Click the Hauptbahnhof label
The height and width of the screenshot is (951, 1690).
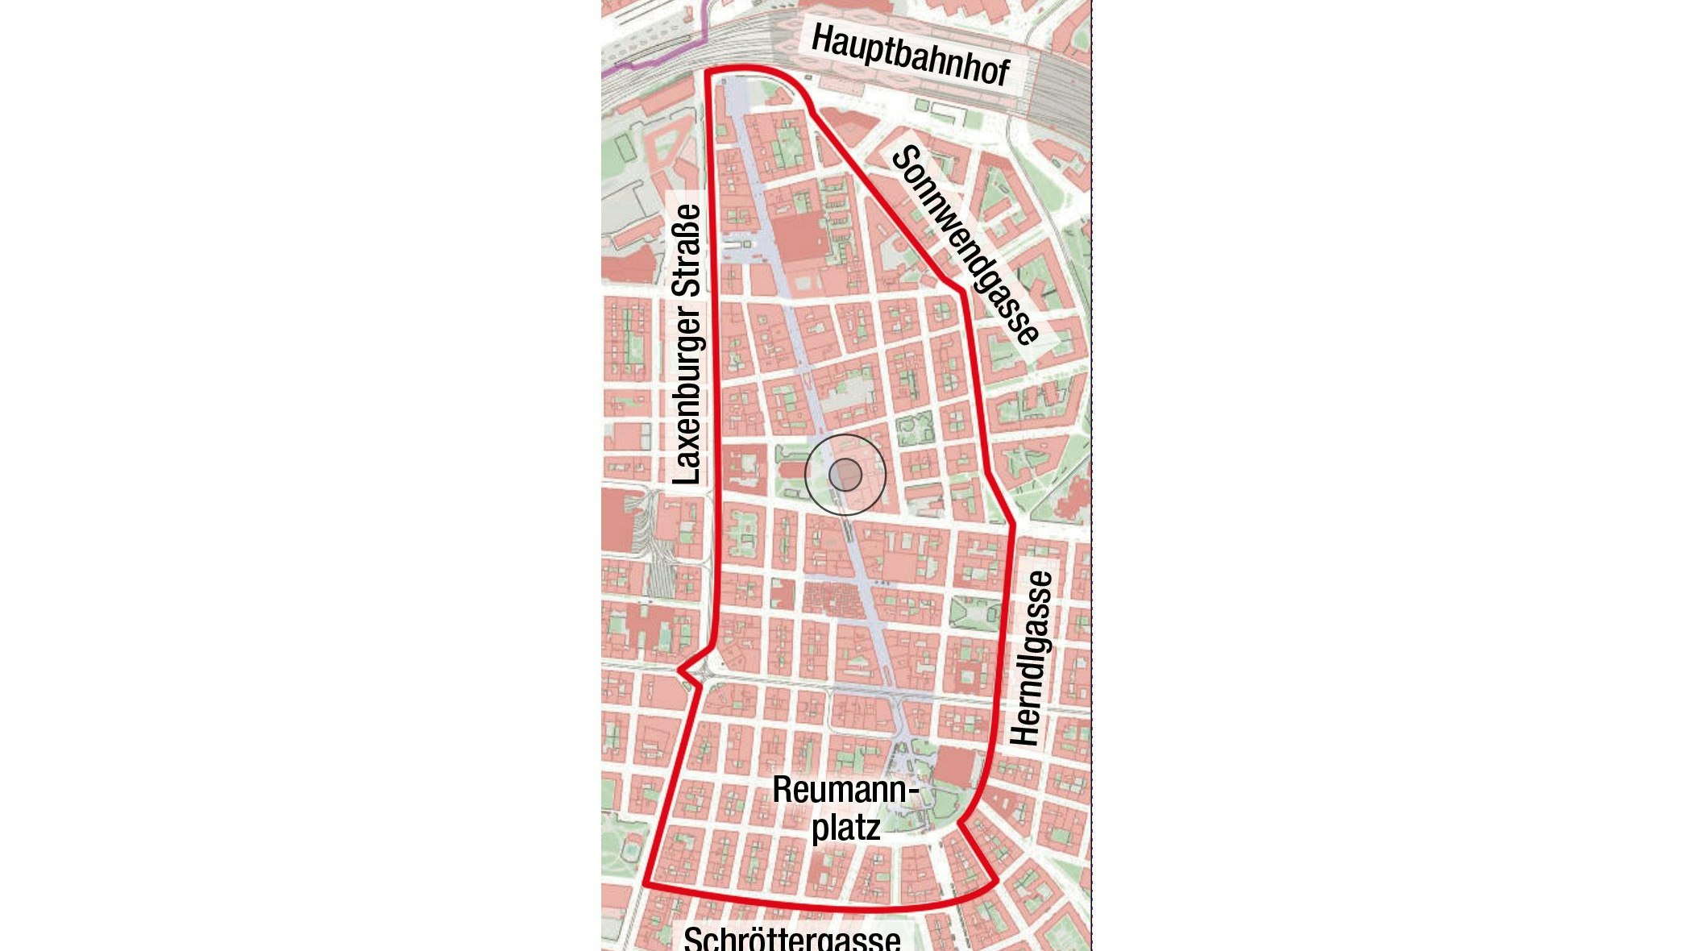(x=909, y=55)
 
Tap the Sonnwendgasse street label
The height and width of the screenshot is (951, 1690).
(x=964, y=244)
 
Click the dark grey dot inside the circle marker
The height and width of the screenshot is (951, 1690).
(x=845, y=475)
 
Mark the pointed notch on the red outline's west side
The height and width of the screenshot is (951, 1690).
(x=682, y=670)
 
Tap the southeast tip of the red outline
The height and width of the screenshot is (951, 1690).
(x=996, y=881)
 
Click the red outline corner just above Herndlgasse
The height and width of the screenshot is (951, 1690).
(x=1013, y=526)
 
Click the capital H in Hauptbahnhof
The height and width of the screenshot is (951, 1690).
(x=821, y=38)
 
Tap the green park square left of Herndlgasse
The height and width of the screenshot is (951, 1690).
(x=974, y=613)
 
